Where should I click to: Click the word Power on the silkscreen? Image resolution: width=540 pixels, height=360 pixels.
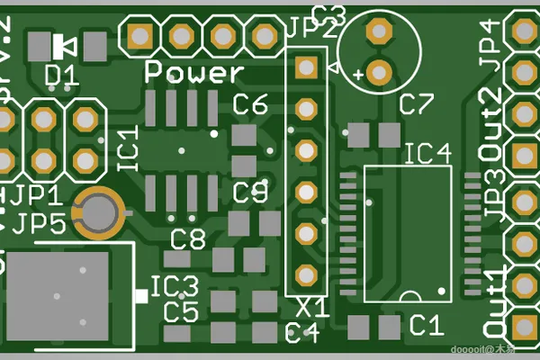[x=194, y=72]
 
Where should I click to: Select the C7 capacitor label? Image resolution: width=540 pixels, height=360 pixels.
[x=417, y=104]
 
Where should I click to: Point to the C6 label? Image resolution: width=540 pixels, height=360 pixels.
[x=250, y=105]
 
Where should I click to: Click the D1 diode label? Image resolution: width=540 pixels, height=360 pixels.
[x=60, y=76]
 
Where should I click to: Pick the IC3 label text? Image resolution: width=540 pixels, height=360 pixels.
[x=174, y=288]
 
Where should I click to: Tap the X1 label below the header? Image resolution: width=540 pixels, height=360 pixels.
[x=313, y=309]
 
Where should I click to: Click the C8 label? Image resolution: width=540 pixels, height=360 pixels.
[x=188, y=239]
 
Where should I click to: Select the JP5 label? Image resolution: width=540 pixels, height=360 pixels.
[x=40, y=224]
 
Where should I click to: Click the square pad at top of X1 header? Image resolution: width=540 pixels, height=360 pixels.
[x=306, y=66]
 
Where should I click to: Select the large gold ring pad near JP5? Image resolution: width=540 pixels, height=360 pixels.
[x=99, y=212]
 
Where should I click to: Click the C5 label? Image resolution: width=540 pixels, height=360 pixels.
[x=181, y=312]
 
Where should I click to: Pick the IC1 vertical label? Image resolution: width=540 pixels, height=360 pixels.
[x=128, y=149]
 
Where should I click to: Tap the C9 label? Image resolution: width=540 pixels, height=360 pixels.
[x=250, y=192]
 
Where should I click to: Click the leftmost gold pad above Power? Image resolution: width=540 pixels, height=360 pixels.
[x=139, y=35]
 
